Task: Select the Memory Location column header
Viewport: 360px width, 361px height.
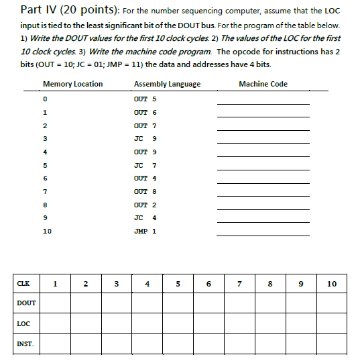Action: coord(72,84)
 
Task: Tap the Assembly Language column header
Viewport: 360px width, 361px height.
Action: coord(167,84)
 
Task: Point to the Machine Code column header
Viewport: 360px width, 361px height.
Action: coord(263,84)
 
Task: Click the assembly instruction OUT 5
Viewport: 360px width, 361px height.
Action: coord(145,99)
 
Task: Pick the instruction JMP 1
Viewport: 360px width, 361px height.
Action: coord(145,231)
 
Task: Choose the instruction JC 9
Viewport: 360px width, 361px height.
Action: coord(145,138)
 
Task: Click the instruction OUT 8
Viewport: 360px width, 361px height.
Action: coord(145,191)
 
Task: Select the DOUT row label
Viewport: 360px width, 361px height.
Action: coord(26,303)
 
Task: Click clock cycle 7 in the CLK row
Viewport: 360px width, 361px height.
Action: coord(239,284)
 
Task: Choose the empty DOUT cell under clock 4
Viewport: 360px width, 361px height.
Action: coord(147,303)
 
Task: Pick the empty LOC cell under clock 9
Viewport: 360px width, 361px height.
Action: coord(301,324)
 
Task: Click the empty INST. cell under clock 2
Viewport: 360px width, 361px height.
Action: coord(86,344)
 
